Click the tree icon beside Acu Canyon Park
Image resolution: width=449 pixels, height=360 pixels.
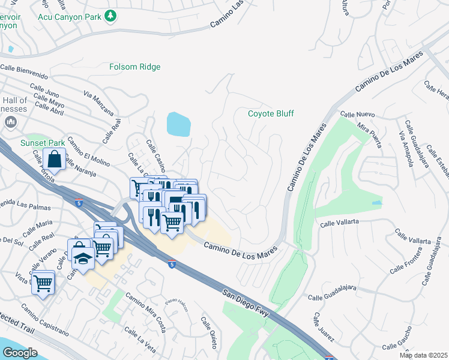point(110,16)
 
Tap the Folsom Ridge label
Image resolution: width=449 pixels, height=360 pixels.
point(135,67)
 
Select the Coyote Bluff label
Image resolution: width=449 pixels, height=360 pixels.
point(271,113)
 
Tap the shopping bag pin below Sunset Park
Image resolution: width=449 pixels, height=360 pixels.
point(55,160)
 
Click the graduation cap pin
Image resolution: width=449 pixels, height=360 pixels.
point(83,259)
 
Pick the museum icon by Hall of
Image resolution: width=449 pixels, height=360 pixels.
point(10,122)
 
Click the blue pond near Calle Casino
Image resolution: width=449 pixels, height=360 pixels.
point(178,124)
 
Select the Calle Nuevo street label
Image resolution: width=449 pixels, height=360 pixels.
point(357,114)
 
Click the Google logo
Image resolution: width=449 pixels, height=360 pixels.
point(20,353)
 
